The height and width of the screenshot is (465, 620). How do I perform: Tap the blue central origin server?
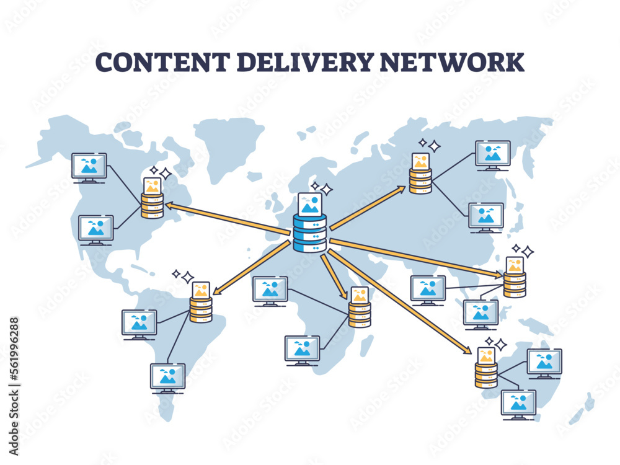(x=309, y=232)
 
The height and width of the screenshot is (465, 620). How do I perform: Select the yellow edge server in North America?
(x=153, y=205)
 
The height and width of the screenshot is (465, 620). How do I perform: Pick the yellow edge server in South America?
(x=201, y=309)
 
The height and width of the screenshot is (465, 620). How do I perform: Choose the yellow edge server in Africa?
(x=360, y=314)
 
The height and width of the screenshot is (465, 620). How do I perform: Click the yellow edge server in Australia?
(x=487, y=374)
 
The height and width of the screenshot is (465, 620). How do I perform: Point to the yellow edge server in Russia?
(x=420, y=180)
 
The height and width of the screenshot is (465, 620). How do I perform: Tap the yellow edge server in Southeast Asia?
(x=515, y=284)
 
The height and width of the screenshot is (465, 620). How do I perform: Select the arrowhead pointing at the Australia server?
(x=469, y=352)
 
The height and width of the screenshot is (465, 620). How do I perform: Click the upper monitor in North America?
(x=89, y=167)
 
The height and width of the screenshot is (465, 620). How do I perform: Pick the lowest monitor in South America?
(x=168, y=377)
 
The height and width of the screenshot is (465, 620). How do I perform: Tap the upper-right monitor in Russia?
(x=493, y=154)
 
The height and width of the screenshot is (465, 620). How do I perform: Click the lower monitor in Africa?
(x=302, y=350)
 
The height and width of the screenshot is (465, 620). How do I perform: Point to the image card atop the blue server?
(x=310, y=204)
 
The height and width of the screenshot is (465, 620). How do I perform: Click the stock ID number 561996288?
(x=14, y=360)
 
